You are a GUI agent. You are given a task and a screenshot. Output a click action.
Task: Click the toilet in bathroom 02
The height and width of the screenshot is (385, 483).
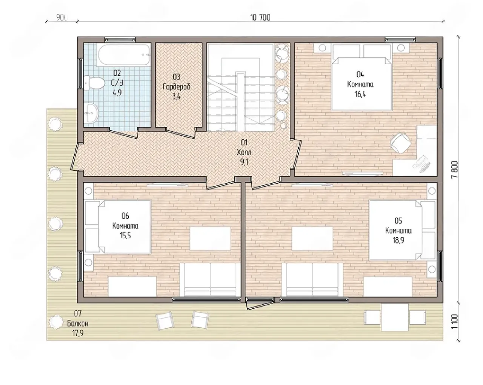click(x=94, y=83)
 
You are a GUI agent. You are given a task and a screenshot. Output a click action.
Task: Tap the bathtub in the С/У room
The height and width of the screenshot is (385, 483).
click(x=123, y=55)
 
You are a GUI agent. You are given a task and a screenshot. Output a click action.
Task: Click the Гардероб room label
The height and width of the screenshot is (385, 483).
click(x=177, y=87)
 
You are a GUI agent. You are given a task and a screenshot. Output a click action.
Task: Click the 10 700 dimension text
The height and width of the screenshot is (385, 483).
click(x=260, y=17)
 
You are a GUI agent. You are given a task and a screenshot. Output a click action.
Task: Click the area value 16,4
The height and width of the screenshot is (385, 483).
click(x=360, y=94)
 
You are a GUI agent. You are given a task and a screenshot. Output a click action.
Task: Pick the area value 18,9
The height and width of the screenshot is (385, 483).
click(x=398, y=240)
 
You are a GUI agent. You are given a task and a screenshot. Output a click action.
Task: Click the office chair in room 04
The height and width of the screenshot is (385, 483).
click(x=401, y=143)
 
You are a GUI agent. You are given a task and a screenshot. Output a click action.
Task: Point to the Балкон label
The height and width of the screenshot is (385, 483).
click(x=78, y=324)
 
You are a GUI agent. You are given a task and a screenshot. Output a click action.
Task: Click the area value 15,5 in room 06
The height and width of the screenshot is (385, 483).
click(x=125, y=236)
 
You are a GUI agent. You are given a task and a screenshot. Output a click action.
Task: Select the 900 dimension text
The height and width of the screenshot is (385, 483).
click(x=62, y=17)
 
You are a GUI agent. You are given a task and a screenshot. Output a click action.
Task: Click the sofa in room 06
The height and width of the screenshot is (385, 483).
click(x=210, y=279)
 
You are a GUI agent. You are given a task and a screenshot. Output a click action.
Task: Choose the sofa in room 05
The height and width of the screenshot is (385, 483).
click(x=312, y=279)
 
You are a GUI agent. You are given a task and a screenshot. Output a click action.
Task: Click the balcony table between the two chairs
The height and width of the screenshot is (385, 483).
click(x=395, y=318)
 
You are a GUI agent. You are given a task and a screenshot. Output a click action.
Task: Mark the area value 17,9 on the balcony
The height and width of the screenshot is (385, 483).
click(x=78, y=333)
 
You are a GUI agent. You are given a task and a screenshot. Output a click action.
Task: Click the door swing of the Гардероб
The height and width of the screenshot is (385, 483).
click(x=181, y=133)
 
